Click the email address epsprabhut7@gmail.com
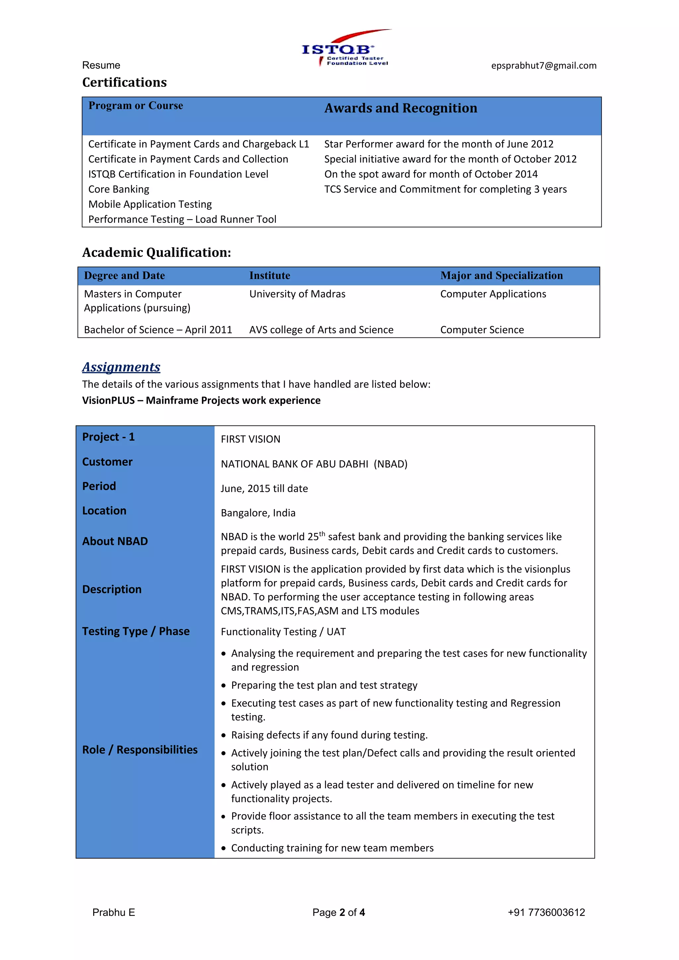pyautogui.click(x=543, y=66)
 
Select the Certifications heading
pyautogui.click(x=124, y=82)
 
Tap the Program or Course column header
pyautogui.click(x=136, y=106)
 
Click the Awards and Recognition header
pyautogui.click(x=401, y=108)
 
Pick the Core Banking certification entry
pyautogui.click(x=119, y=189)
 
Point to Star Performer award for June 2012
pyautogui.click(x=439, y=144)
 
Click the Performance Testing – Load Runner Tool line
pyautogui.click(x=182, y=219)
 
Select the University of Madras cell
pyautogui.click(x=297, y=294)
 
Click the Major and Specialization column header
pyautogui.click(x=501, y=275)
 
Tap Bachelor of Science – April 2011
pyautogui.click(x=158, y=330)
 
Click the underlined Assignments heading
pyautogui.click(x=121, y=367)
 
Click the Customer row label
pyautogui.click(x=107, y=462)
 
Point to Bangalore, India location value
pyautogui.click(x=258, y=513)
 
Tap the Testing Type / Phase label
pyautogui.click(x=136, y=631)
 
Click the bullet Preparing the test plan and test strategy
pyautogui.click(x=324, y=685)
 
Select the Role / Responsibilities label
pyautogui.click(x=140, y=750)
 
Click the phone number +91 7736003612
pyautogui.click(x=546, y=912)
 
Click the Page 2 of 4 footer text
pyautogui.click(x=339, y=912)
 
